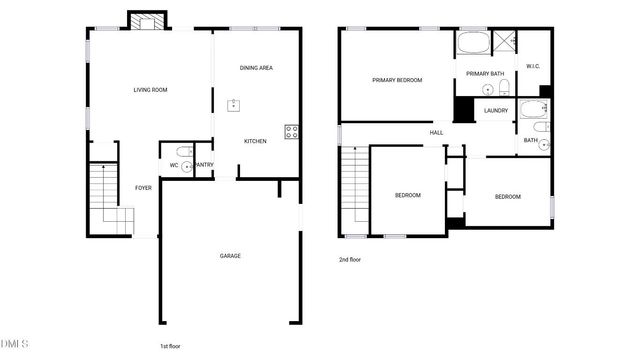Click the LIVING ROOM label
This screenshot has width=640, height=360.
point(150,90)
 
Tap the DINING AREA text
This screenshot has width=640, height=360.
point(256,68)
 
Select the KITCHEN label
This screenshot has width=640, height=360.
point(256,141)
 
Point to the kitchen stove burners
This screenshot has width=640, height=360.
point(291,129)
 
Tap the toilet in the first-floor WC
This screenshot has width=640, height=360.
point(185,166)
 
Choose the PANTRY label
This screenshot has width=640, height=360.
point(203,165)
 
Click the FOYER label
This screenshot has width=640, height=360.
point(144,187)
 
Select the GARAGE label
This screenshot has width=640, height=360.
point(230,256)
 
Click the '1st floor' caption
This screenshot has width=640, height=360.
point(169,346)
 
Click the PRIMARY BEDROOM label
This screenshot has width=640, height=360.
point(397,80)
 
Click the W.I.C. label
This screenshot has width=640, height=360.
point(533,67)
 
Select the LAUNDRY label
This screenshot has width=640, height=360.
point(496,110)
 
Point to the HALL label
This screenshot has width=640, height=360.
point(437,133)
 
